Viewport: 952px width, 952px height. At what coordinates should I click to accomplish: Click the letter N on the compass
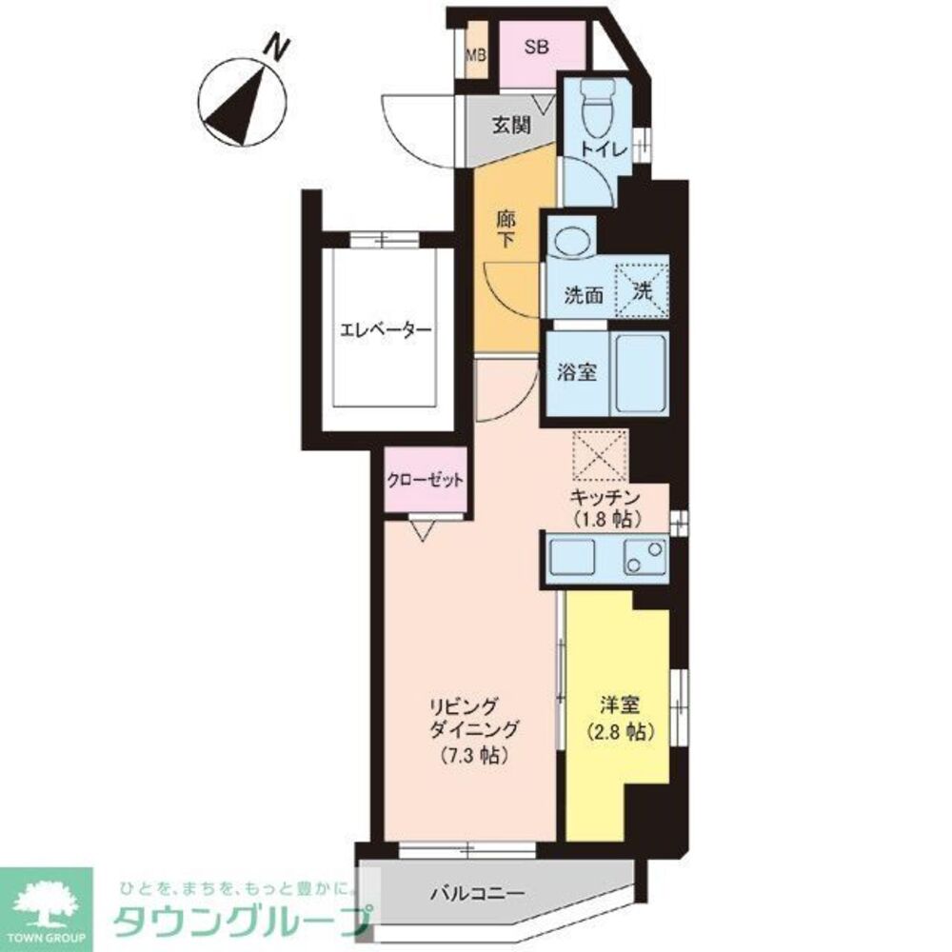click(277, 48)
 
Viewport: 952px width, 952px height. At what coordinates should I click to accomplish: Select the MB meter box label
click(476, 55)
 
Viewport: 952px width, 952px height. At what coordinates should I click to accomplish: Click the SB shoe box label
click(537, 48)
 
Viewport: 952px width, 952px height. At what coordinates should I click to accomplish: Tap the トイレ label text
click(604, 150)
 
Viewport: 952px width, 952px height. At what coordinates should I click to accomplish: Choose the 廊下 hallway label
click(506, 228)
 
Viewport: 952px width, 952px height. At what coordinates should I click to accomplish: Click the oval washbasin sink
click(572, 240)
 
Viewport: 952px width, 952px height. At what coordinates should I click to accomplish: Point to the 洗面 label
click(584, 295)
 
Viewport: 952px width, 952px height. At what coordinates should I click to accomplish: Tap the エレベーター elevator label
click(386, 331)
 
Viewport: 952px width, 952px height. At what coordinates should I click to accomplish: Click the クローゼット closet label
click(426, 481)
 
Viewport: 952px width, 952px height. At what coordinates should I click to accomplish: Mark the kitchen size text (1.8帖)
click(606, 520)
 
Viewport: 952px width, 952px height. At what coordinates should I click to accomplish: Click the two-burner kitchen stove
click(645, 557)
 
